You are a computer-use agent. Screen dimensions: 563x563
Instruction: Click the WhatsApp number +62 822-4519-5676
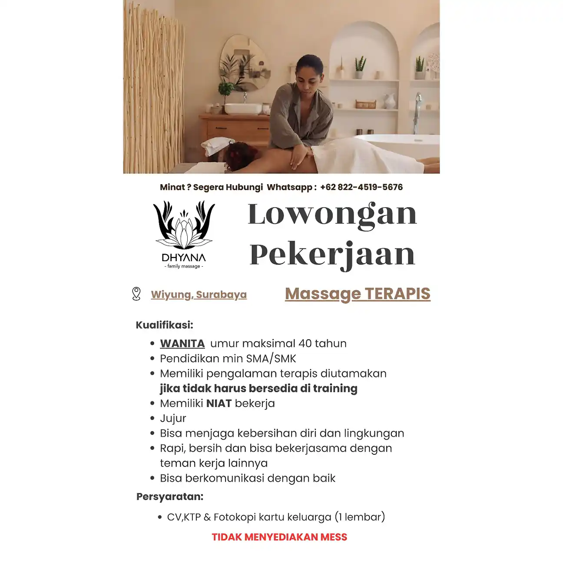(361, 187)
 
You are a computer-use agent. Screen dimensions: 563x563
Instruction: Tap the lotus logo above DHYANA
(184, 224)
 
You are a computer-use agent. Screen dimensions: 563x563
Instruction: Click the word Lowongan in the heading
(332, 214)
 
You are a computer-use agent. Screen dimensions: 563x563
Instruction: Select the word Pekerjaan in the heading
(332, 255)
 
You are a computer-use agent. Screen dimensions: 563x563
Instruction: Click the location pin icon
(136, 294)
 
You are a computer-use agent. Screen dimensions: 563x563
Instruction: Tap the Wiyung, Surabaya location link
(199, 295)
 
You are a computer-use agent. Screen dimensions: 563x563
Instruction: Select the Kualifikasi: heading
(164, 325)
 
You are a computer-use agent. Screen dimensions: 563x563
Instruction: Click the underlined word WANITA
(182, 344)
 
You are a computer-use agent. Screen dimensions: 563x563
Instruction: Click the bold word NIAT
(219, 404)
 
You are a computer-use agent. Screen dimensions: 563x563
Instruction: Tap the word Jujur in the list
(173, 418)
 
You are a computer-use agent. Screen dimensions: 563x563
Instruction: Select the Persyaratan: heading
(169, 497)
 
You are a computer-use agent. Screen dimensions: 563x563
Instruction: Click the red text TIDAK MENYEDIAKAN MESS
(279, 537)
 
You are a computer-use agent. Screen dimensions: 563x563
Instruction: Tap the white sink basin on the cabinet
(243, 108)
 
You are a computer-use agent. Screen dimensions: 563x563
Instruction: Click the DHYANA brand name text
(183, 258)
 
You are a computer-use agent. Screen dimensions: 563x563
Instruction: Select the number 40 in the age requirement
(305, 344)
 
